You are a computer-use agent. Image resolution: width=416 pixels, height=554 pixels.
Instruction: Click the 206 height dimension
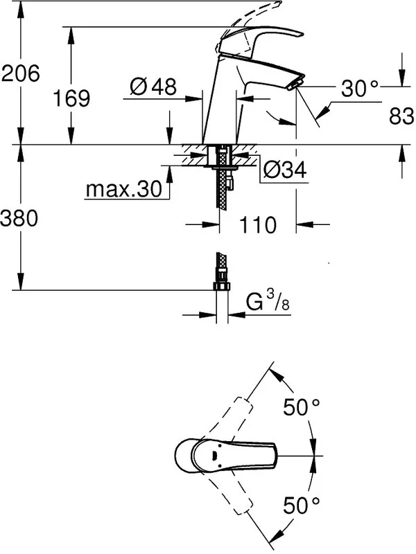coord(21,74)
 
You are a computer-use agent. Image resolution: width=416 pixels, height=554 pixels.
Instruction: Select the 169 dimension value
coord(71,98)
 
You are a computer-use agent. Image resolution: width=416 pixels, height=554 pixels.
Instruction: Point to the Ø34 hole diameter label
coord(285,170)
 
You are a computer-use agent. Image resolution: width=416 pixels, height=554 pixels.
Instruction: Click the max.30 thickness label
coord(124,189)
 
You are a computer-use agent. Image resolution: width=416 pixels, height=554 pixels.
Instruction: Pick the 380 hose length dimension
coord(19,218)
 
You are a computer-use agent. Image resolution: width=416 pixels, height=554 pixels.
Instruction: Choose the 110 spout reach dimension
coord(257,224)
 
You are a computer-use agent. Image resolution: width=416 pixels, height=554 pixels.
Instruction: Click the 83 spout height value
coord(401,116)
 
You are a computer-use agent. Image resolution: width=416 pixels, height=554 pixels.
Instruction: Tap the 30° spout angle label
coord(359,89)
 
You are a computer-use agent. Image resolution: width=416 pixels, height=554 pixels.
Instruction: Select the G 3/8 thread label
coord(268,302)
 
